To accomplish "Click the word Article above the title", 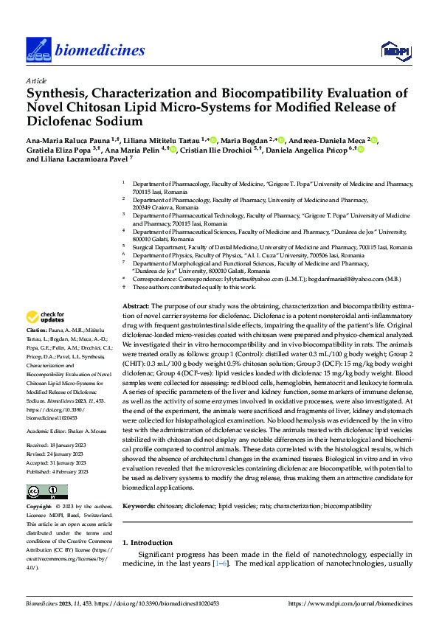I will click(x=36, y=80).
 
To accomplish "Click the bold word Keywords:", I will click(x=138, y=507).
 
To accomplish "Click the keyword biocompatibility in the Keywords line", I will click(x=348, y=507).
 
